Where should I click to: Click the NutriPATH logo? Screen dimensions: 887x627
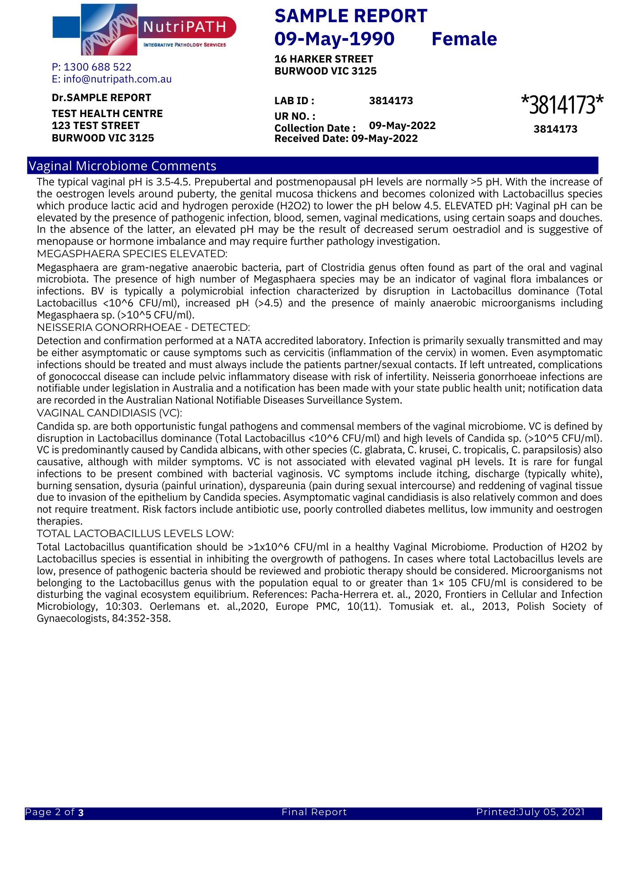point(144,29)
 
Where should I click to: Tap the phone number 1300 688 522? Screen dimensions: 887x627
point(97,67)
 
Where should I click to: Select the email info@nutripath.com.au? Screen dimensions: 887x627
point(117,79)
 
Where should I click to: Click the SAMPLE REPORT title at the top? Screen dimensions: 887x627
point(351,16)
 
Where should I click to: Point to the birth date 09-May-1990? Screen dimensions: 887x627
point(334,39)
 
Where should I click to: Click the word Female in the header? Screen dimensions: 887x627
point(464,39)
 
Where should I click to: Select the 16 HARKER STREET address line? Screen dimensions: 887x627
point(324,59)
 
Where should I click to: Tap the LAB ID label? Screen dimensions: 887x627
point(294,101)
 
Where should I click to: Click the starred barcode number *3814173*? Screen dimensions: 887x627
point(562,105)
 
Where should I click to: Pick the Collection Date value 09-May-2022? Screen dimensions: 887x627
point(402,126)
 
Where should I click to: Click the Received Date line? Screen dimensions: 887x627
point(346,139)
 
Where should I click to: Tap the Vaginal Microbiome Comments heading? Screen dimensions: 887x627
point(122,166)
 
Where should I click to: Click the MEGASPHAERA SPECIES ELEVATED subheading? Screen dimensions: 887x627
point(132,254)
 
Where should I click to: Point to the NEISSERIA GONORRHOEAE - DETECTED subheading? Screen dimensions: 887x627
point(143,327)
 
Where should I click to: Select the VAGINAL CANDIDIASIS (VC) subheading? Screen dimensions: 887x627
point(110,413)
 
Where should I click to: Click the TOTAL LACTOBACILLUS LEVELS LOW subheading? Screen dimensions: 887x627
point(135,533)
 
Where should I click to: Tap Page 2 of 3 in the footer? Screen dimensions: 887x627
point(55,812)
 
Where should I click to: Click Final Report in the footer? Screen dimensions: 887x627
point(314,812)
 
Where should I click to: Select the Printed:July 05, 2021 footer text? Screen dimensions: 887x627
point(530,812)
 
